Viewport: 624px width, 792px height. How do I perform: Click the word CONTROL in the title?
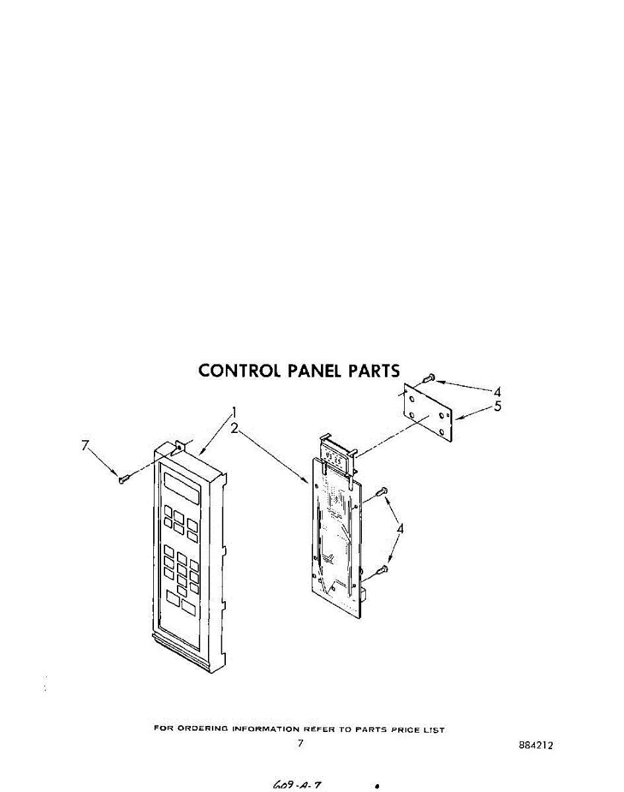pos(240,370)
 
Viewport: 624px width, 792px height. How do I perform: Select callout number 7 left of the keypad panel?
pos(85,445)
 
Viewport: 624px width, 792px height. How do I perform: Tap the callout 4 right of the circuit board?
pos(400,528)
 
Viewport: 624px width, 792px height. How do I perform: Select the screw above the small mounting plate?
pos(428,378)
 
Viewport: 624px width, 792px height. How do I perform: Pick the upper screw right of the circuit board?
pos(381,492)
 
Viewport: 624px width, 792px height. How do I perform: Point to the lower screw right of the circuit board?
pos(381,570)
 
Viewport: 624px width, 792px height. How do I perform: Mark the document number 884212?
pos(536,745)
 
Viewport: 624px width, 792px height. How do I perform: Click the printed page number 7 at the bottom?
pos(300,743)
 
